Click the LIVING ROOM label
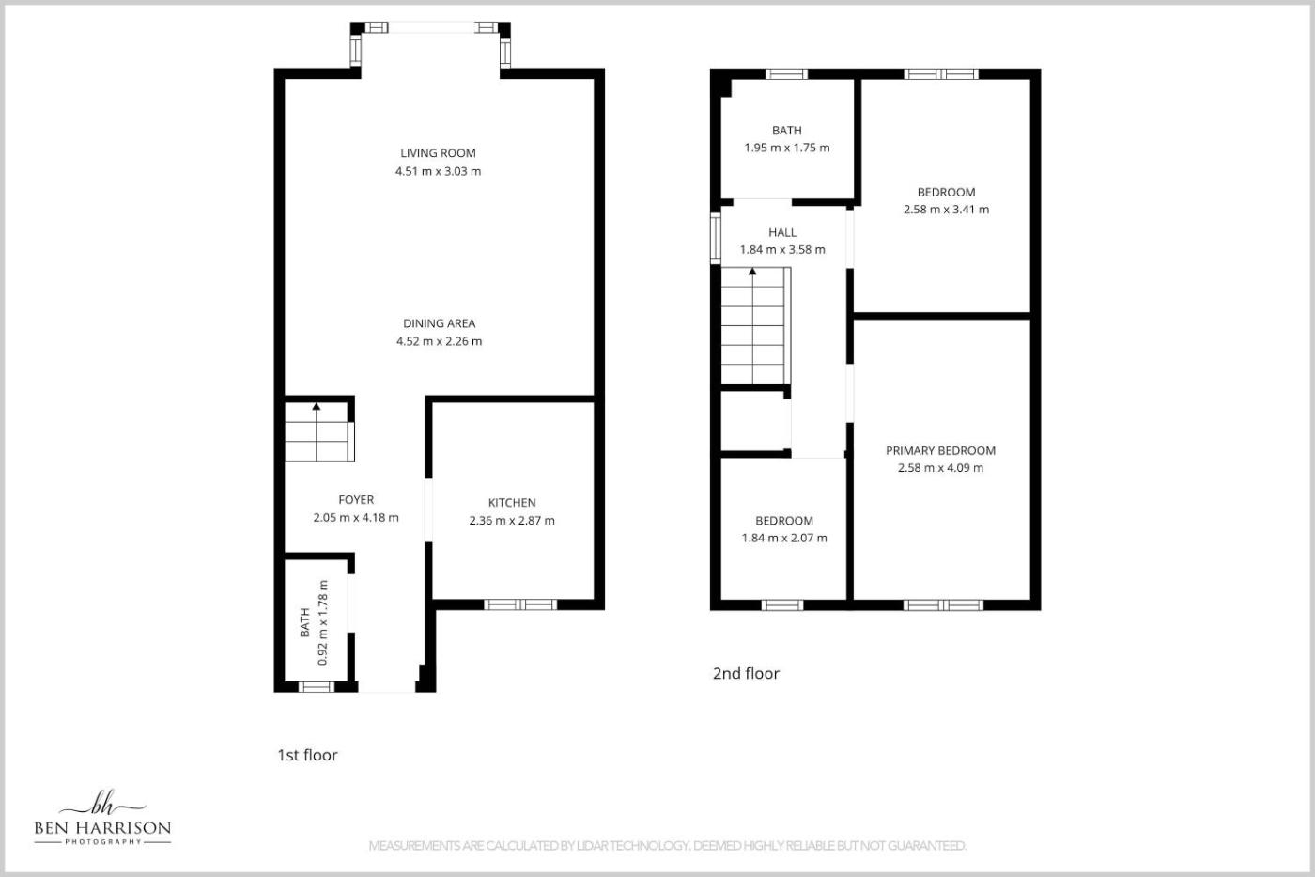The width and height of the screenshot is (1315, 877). (438, 153)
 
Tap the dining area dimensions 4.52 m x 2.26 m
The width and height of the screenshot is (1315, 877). (440, 341)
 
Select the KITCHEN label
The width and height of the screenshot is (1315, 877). (512, 502)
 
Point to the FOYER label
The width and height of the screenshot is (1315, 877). (356, 499)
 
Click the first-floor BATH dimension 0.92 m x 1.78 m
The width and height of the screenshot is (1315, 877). (322, 622)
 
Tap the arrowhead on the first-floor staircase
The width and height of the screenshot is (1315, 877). (317, 406)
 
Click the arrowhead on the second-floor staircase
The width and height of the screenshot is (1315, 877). (752, 272)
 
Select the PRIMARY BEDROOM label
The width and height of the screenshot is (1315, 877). (940, 450)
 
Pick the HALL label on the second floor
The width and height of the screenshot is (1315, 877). (782, 232)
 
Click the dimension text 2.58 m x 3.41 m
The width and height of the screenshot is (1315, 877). (947, 209)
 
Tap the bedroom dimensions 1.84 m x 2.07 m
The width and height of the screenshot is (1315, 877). (784, 538)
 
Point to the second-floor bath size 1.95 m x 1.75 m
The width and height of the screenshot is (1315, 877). (787, 148)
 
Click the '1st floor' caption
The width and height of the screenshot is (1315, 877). (307, 755)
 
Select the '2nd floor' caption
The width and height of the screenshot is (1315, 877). (746, 673)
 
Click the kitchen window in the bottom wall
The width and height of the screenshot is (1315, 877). (520, 604)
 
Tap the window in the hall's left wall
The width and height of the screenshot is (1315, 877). (716, 238)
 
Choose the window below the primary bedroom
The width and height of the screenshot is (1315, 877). (943, 605)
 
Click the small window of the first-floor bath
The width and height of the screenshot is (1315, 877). (317, 687)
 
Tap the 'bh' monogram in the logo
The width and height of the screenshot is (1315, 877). (104, 803)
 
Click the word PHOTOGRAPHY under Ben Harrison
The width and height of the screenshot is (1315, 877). (102, 842)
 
